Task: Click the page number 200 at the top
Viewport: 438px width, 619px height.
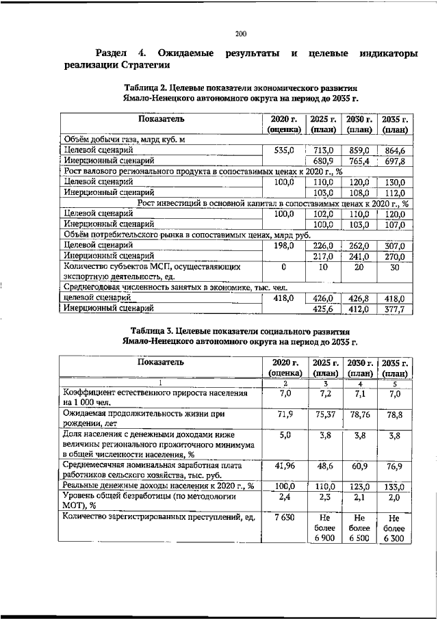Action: click(x=240, y=34)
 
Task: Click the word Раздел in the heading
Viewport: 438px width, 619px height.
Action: click(x=112, y=53)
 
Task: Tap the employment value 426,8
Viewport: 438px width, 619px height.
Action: click(x=359, y=298)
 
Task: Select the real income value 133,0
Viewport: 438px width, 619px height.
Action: click(x=394, y=487)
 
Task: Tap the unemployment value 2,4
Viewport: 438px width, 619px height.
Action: click(x=285, y=498)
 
